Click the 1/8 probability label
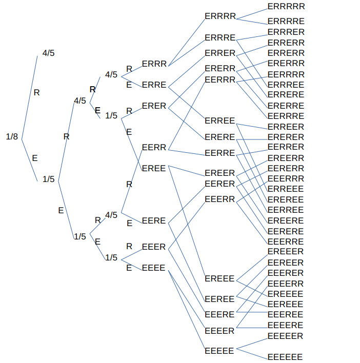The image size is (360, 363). (12, 136)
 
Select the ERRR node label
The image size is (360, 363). (154, 64)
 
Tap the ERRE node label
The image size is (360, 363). (154, 85)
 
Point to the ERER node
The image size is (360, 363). (154, 106)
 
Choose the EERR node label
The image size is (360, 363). (154, 148)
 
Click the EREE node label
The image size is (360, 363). (154, 168)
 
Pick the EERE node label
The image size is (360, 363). (154, 221)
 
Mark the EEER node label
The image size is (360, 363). (154, 247)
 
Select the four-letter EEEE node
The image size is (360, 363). (153, 268)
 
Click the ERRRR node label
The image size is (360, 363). (220, 16)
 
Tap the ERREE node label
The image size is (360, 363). (219, 121)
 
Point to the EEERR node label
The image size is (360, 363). (219, 199)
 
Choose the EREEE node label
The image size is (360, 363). (219, 278)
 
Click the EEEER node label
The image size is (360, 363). (219, 331)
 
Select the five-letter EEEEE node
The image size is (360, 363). (219, 351)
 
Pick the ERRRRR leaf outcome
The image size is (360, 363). (286, 7)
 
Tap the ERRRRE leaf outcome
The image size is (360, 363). (286, 22)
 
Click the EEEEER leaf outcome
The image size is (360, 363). (286, 336)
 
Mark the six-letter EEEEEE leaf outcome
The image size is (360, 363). (285, 357)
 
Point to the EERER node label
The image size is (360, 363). (219, 184)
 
